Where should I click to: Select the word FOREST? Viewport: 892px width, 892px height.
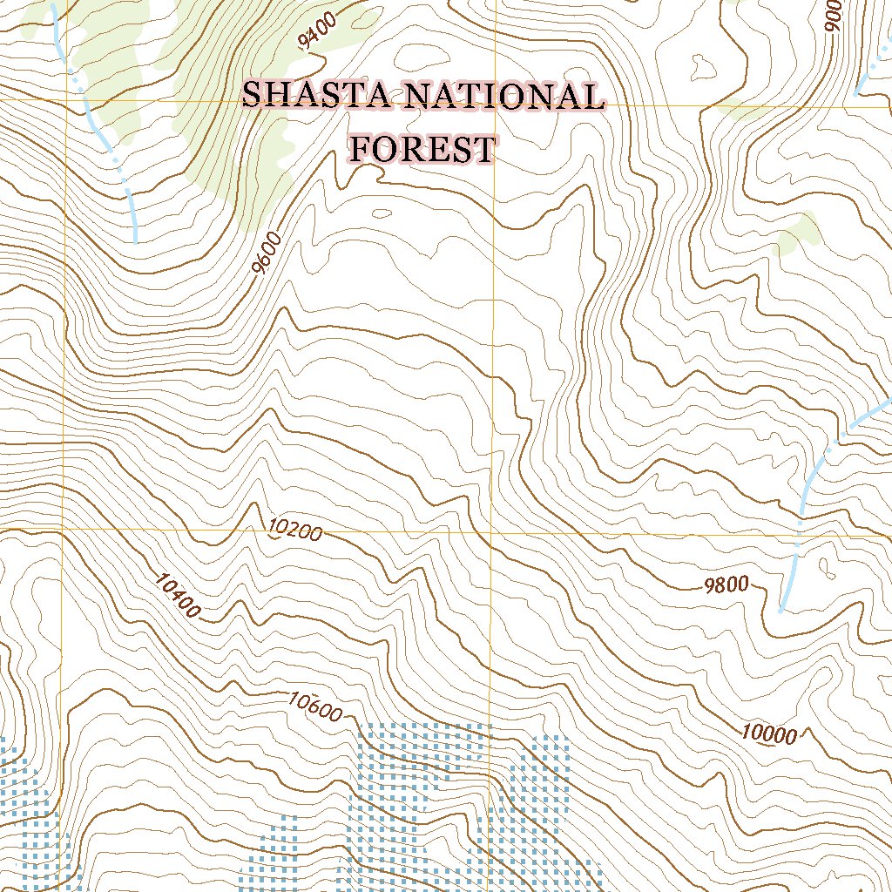coord(422,150)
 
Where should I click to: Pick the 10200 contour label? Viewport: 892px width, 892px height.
coord(295,530)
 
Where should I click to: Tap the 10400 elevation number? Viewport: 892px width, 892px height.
coord(177,596)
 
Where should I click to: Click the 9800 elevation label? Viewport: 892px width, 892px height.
coord(726,585)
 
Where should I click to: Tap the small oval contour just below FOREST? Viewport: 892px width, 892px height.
coord(382,213)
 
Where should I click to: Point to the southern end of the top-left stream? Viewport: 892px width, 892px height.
coord(137,239)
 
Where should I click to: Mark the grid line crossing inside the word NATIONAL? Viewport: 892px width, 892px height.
coord(494,105)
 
